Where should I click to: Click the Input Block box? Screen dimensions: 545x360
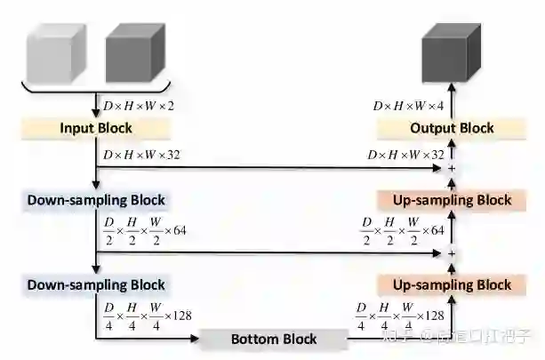tap(96, 128)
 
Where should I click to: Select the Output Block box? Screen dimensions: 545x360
tap(452, 128)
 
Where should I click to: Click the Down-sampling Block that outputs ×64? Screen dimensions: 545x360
tap(96, 200)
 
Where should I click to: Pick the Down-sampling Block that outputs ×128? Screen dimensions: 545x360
tap(96, 284)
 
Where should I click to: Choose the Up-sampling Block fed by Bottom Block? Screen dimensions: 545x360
tap(452, 284)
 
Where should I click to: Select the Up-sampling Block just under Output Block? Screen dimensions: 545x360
tap(452, 200)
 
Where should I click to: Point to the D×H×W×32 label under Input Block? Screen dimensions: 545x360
tap(142, 155)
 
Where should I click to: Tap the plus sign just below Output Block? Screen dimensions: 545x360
tap(452, 167)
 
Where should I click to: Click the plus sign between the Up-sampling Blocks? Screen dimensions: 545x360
tap(452, 253)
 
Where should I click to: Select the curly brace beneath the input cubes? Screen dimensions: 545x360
tap(96, 90)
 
